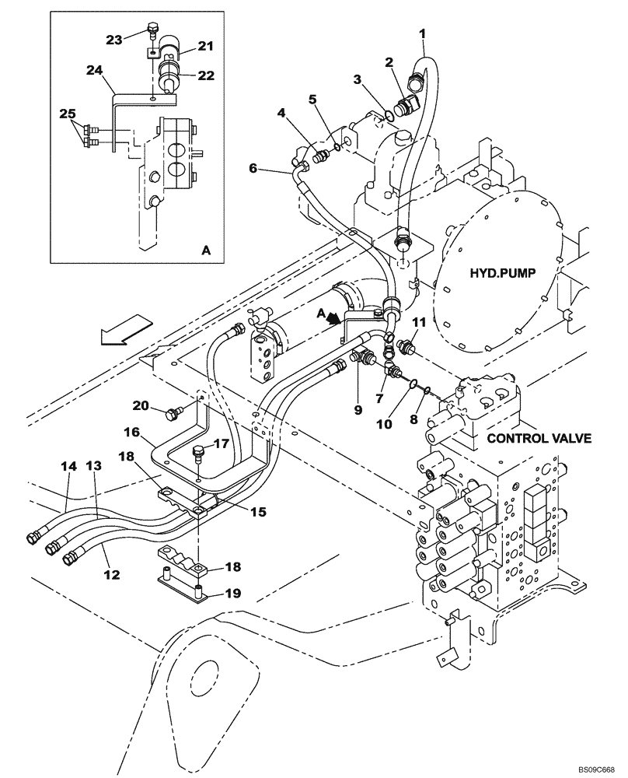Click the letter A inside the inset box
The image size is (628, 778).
(x=205, y=251)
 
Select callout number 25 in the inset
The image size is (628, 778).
(x=68, y=114)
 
